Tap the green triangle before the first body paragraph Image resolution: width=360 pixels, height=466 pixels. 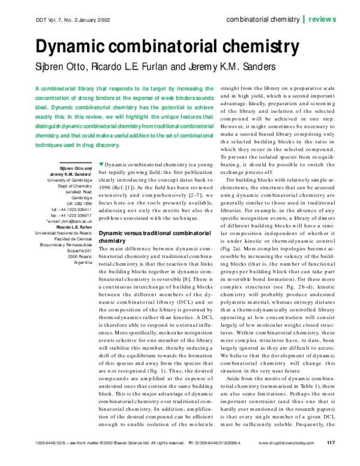point(101,164)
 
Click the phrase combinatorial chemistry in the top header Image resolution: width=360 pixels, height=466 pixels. point(263,19)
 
